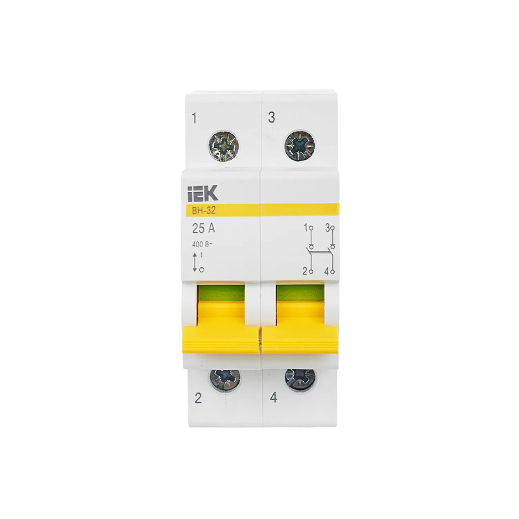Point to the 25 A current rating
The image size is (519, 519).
[x=204, y=228]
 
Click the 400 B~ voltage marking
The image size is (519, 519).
[x=202, y=245]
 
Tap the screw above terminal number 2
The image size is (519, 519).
[x=224, y=379]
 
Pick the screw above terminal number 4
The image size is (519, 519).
[x=299, y=379]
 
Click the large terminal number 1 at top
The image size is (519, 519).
[x=194, y=117]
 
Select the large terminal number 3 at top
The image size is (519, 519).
[x=271, y=117]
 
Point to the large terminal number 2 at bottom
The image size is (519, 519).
[x=198, y=398]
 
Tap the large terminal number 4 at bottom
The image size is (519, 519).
[x=273, y=398]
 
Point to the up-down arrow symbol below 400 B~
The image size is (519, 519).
[x=194, y=263]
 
